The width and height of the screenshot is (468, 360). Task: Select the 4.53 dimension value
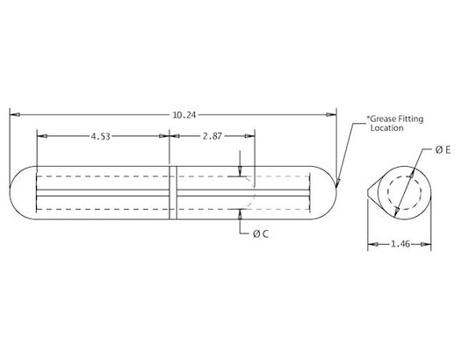(x=103, y=136)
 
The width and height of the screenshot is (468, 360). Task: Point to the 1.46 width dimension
(x=400, y=246)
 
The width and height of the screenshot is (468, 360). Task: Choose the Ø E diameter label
(x=443, y=151)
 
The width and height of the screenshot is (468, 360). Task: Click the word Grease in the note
(x=381, y=118)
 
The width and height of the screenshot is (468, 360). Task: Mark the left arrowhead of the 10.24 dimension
(x=13, y=114)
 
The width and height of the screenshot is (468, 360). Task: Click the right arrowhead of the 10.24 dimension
(x=333, y=114)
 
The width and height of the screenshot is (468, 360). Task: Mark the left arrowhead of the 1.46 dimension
(x=371, y=246)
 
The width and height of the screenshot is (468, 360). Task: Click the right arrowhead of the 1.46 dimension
(x=429, y=246)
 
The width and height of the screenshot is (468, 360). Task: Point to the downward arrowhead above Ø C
(x=241, y=172)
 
